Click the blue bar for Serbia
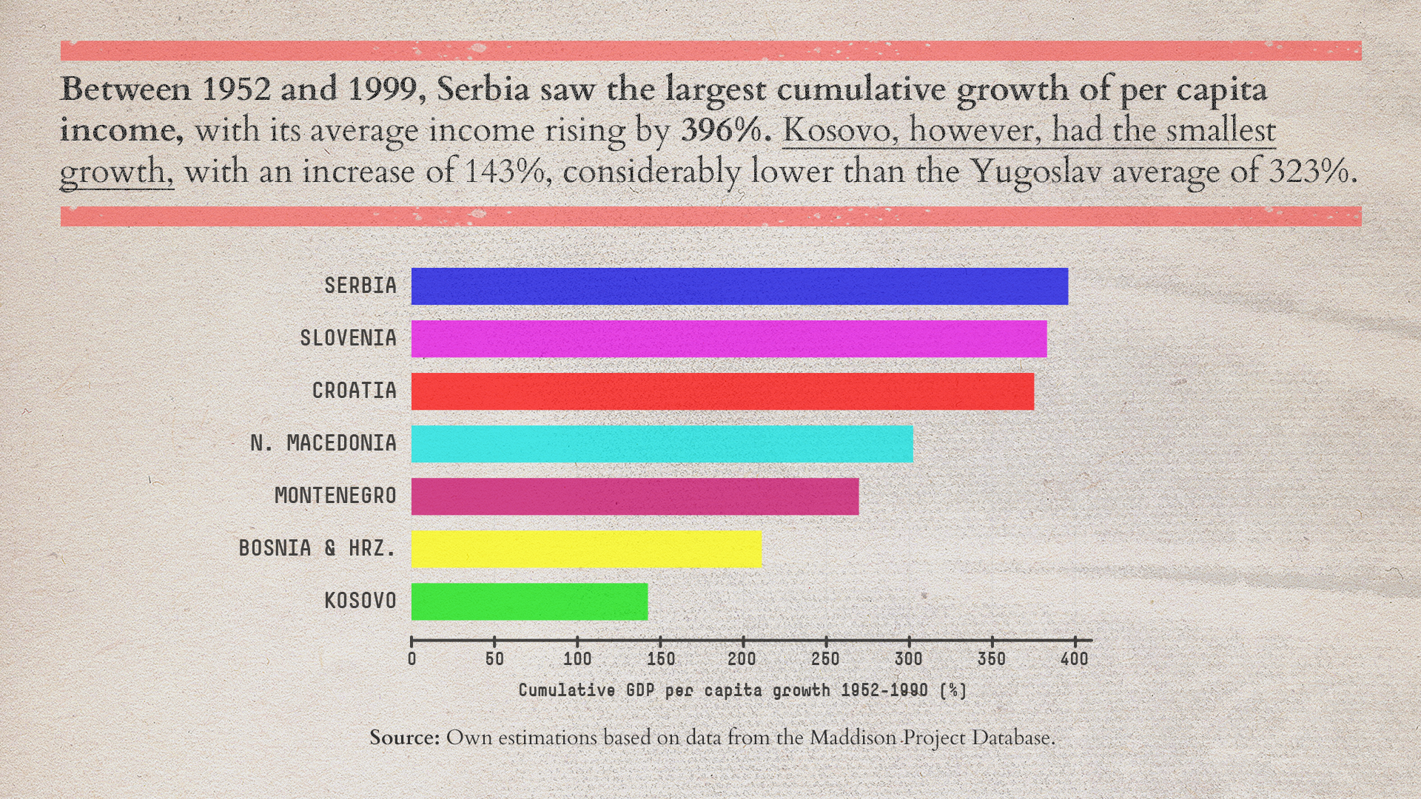[x=739, y=286]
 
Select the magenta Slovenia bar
[x=729, y=339]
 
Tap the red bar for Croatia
[x=722, y=391]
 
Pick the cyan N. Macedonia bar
[x=662, y=444]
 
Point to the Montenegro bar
[x=635, y=496]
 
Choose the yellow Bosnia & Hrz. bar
[x=586, y=549]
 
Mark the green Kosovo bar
[x=529, y=601]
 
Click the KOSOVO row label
[x=360, y=601]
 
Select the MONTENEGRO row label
[x=335, y=496]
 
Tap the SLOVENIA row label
[x=348, y=338]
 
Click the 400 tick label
[x=1074, y=658]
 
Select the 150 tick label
[x=660, y=658]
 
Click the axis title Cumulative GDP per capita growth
[x=742, y=690]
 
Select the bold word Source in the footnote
[x=404, y=738]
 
